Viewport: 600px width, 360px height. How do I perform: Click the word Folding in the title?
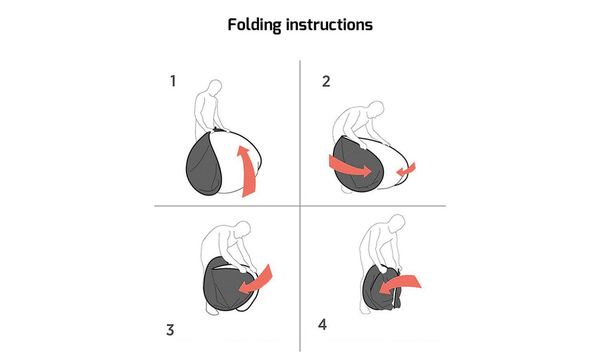click(254, 25)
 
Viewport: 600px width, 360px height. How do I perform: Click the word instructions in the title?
click(329, 25)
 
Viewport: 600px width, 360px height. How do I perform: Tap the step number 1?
click(173, 81)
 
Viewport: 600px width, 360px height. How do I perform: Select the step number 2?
click(326, 82)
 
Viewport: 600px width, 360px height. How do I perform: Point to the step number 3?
click(170, 330)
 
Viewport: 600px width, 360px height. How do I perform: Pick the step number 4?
click(322, 324)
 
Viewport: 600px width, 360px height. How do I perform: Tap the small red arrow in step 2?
click(406, 169)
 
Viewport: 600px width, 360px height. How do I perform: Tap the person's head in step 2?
click(377, 109)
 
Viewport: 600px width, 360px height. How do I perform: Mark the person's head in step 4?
click(397, 222)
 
